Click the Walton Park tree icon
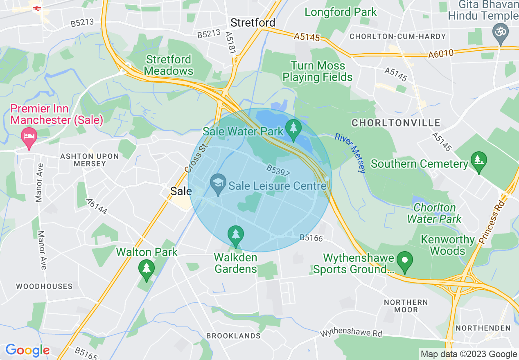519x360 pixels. (x=146, y=269)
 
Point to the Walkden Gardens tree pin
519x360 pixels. (x=235, y=235)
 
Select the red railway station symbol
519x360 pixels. (x=36, y=7)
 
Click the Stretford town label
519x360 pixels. (x=253, y=22)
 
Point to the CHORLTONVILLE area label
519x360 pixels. (x=396, y=123)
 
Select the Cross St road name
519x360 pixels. (x=196, y=158)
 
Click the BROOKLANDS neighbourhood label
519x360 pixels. (x=233, y=336)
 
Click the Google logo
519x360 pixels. (x=27, y=350)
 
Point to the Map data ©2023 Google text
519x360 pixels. (x=469, y=354)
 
